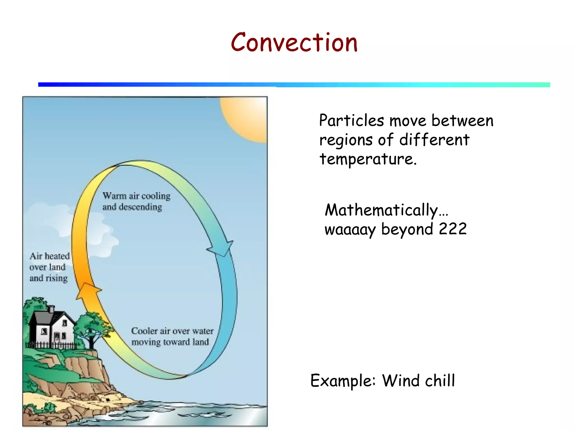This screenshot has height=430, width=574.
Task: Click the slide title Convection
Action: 294,43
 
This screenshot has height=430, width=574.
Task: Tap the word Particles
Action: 351,121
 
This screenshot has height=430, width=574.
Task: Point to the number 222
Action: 453,229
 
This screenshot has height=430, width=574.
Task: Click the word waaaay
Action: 350,230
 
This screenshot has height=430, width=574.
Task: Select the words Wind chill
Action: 418,381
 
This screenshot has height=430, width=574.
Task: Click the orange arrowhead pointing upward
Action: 89,291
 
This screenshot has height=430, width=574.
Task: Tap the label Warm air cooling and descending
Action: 136,201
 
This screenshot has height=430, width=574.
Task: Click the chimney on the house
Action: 51,309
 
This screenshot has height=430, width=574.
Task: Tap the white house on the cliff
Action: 53,329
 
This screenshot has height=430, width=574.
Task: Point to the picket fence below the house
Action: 50,345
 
